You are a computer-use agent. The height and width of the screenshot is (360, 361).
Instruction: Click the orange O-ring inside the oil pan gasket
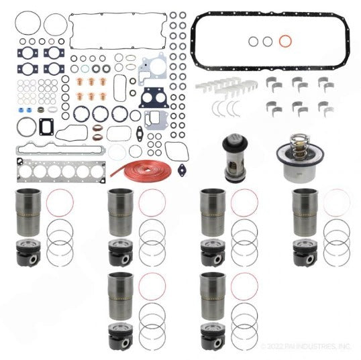coord(285,42)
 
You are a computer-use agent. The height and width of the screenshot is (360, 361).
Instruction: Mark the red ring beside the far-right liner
coord(337,202)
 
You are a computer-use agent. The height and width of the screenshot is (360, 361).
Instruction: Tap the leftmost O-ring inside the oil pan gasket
coord(253,42)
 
